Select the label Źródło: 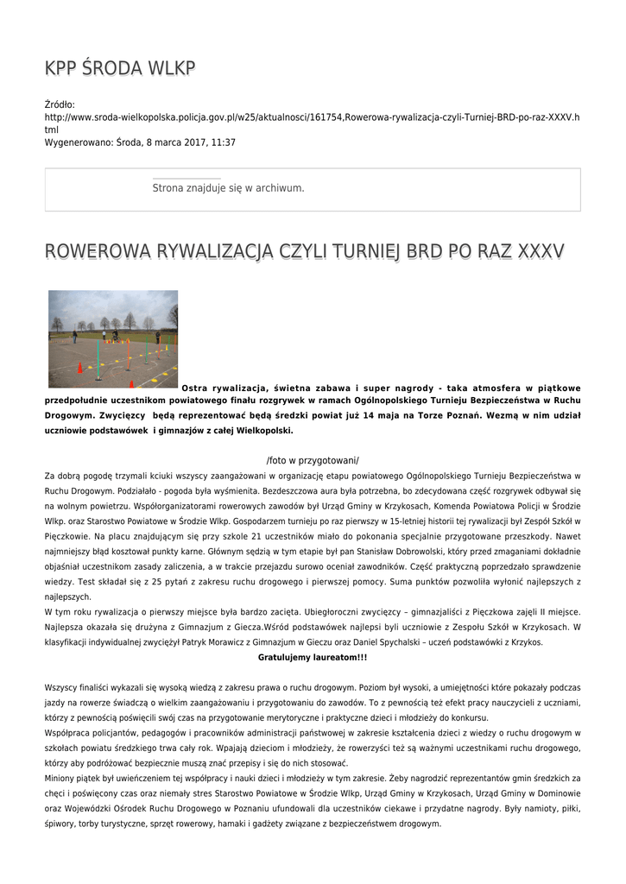click(x=60, y=104)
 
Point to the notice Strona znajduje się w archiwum click(x=228, y=187)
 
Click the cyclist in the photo click(x=114, y=335)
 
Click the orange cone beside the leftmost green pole click(x=80, y=369)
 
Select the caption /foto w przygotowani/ click(x=313, y=460)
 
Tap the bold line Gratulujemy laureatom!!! click(x=313, y=657)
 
